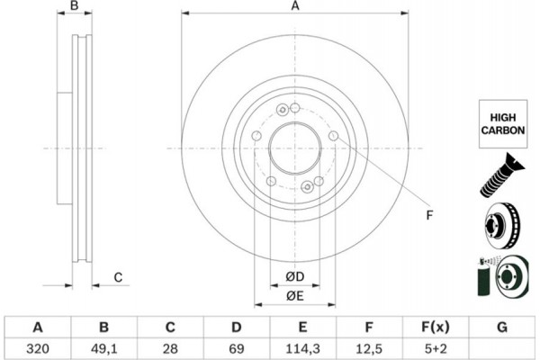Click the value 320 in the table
39,346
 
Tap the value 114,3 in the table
302,346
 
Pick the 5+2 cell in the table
435,346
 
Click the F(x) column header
435,326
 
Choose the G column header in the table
501,326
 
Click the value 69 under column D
237,346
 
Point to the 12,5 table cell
369,346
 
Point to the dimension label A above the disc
294,8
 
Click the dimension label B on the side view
76,8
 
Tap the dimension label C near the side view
117,277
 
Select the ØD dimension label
294,275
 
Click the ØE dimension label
294,296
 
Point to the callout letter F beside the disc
429,213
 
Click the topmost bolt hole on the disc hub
283,111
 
